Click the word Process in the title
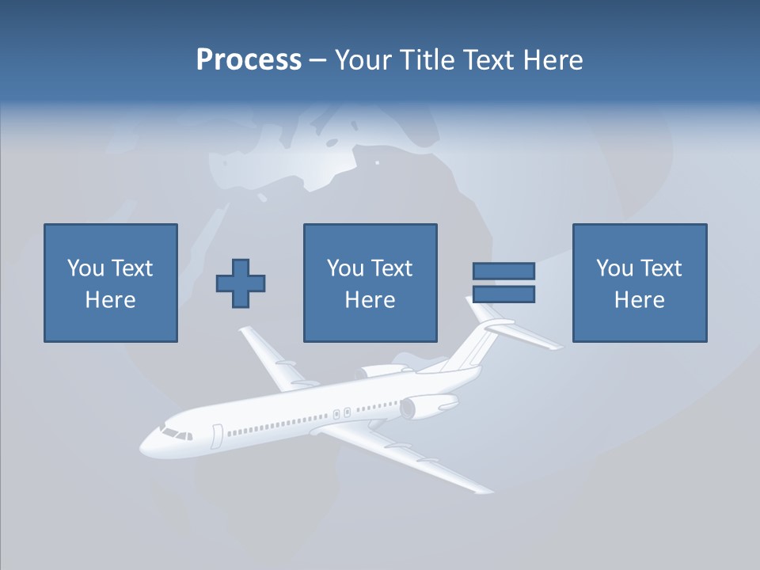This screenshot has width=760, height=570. tap(249, 60)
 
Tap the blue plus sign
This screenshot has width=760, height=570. tap(241, 283)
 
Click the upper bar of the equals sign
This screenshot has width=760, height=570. tap(503, 271)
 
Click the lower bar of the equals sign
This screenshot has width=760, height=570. tap(503, 294)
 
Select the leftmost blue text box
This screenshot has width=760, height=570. tap(110, 283)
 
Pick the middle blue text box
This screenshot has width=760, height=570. tap(370, 283)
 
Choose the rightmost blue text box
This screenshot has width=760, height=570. tap(639, 283)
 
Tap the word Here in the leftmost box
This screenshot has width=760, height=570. tap(110, 300)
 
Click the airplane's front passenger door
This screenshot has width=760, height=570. tap(218, 435)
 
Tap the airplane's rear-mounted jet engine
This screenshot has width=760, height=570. tap(427, 406)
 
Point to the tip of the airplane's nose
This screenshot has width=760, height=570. tap(142, 448)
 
